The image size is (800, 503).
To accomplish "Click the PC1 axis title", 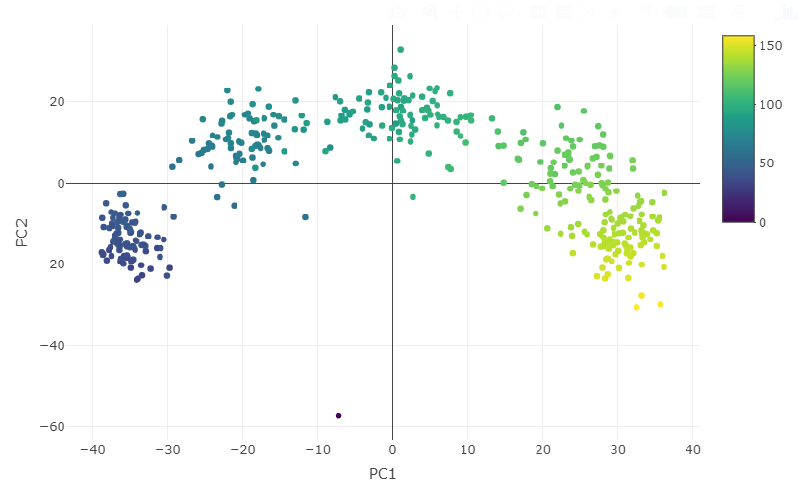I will click(383, 474).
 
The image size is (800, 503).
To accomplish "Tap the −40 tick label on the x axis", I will click(92, 449).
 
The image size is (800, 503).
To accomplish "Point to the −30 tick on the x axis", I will click(167, 449).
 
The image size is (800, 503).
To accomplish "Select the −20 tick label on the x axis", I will click(242, 449).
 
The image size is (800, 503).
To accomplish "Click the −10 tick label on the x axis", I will click(317, 449).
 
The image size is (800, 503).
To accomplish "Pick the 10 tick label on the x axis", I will click(467, 449).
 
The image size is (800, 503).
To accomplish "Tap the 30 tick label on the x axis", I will click(617, 449).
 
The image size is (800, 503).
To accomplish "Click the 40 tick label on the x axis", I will click(692, 449).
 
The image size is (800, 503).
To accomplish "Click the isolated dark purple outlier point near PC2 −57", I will click(338, 415).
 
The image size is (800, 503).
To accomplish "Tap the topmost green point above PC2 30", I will click(401, 50).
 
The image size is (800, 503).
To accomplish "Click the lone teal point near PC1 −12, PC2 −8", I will click(306, 217).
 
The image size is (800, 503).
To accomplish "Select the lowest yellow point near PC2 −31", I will click(637, 307).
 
